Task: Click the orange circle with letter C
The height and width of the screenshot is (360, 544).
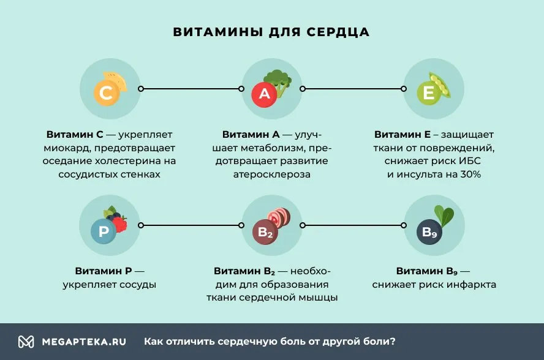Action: coord(107,92)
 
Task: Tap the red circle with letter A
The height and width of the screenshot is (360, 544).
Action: coord(264,94)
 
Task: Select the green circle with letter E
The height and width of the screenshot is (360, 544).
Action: coord(429,93)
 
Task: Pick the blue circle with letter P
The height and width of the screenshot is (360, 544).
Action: coord(104,231)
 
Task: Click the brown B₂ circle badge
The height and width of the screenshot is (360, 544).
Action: coord(265,232)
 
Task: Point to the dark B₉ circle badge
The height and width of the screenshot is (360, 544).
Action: coord(429,232)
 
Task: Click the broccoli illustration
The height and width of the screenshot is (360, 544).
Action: coord(279,81)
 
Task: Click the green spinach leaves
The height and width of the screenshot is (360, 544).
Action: coord(444,215)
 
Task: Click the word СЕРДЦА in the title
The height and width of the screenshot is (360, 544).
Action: coord(338,32)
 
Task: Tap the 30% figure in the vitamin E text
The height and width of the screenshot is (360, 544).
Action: coord(470,174)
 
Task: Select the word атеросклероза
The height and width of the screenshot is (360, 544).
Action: coord(271,174)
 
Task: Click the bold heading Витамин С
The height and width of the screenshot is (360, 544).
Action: coord(75,134)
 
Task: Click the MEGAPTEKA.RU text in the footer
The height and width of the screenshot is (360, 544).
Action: coord(84,342)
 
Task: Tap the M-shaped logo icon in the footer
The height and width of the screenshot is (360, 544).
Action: coord(26,342)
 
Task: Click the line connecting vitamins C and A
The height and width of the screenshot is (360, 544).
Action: coord(191,89)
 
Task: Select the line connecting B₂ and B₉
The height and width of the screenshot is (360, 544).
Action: coord(353,225)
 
